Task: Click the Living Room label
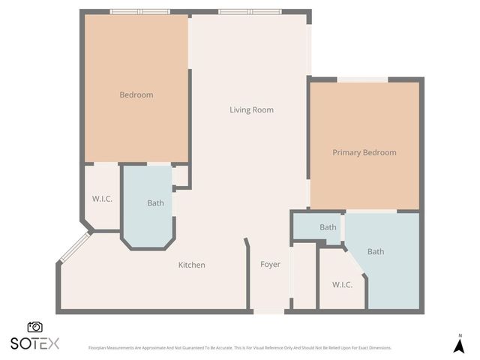(251, 110)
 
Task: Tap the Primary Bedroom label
(364, 153)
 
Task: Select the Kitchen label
(191, 265)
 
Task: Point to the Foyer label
(270, 265)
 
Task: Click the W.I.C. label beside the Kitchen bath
(102, 199)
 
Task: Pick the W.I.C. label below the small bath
(342, 284)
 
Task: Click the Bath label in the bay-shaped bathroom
(155, 203)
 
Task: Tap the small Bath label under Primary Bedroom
(328, 227)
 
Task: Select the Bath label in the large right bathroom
(376, 252)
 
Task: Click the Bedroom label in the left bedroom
(136, 95)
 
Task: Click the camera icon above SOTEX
(34, 327)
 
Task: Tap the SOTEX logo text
(34, 343)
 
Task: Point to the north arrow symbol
(460, 346)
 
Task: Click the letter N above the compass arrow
(460, 335)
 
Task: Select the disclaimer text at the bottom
(240, 348)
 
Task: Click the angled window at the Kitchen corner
(75, 247)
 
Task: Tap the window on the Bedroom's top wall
(139, 12)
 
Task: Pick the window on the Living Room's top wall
(250, 12)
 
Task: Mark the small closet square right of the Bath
(180, 176)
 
